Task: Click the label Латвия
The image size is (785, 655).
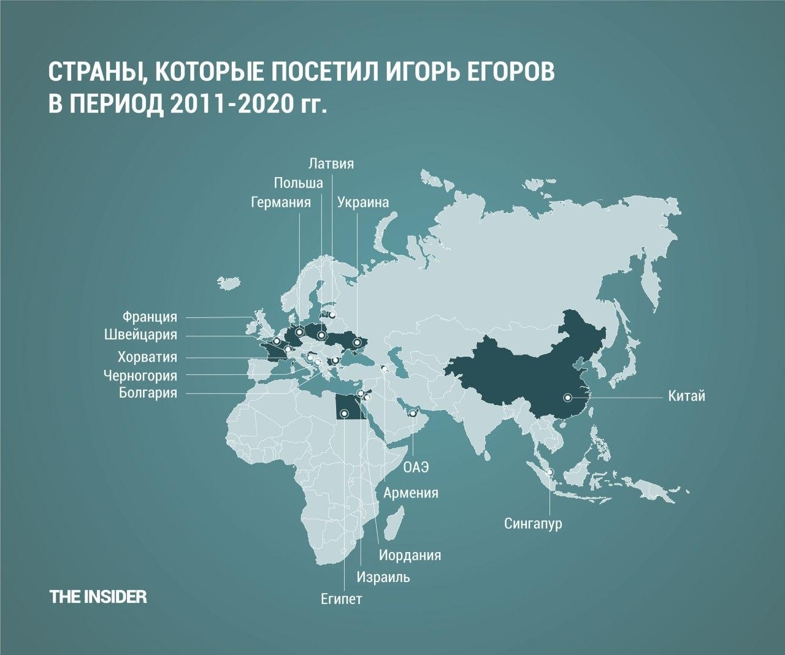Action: pyautogui.click(x=332, y=164)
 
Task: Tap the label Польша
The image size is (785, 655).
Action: pyautogui.click(x=298, y=183)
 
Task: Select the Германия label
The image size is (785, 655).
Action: pyautogui.click(x=281, y=202)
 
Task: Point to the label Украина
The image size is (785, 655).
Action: pyautogui.click(x=363, y=202)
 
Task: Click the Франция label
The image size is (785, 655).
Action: pyautogui.click(x=150, y=317)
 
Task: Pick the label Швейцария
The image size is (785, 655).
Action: pyautogui.click(x=140, y=335)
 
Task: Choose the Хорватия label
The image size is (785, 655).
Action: pyautogui.click(x=147, y=357)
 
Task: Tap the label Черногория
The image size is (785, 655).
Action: pyautogui.click(x=140, y=375)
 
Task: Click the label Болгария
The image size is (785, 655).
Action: pyautogui.click(x=148, y=393)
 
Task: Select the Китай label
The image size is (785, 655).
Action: pyautogui.click(x=687, y=396)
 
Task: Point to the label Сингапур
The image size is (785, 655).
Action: pyautogui.click(x=533, y=524)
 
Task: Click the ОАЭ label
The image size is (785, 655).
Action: pyautogui.click(x=415, y=468)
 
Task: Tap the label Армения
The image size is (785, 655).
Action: pyautogui.click(x=411, y=493)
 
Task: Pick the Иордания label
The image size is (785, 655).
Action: pyautogui.click(x=410, y=556)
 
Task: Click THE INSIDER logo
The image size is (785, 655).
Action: pyautogui.click(x=98, y=597)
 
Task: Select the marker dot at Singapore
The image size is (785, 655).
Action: pyautogui.click(x=549, y=471)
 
